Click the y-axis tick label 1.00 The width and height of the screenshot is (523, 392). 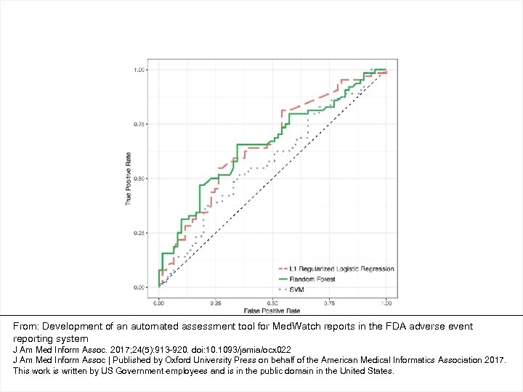click(x=139, y=70)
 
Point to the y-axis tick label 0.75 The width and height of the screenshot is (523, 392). click(x=139, y=124)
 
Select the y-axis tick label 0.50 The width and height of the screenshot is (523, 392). click(x=139, y=179)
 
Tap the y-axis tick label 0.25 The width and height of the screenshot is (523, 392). click(x=139, y=233)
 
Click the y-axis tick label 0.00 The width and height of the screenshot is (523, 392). click(x=139, y=287)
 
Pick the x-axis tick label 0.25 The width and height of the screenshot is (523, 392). click(x=216, y=303)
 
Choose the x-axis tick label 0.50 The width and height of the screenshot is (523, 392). click(x=272, y=303)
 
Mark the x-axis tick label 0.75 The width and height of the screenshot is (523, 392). click(x=329, y=303)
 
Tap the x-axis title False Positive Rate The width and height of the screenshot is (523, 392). click(x=272, y=310)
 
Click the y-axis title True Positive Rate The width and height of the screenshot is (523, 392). click(x=129, y=179)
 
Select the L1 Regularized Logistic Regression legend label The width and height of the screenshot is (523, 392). click(x=341, y=269)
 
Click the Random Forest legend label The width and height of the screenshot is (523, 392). click(x=312, y=279)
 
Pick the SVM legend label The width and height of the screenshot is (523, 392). click(x=296, y=289)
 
